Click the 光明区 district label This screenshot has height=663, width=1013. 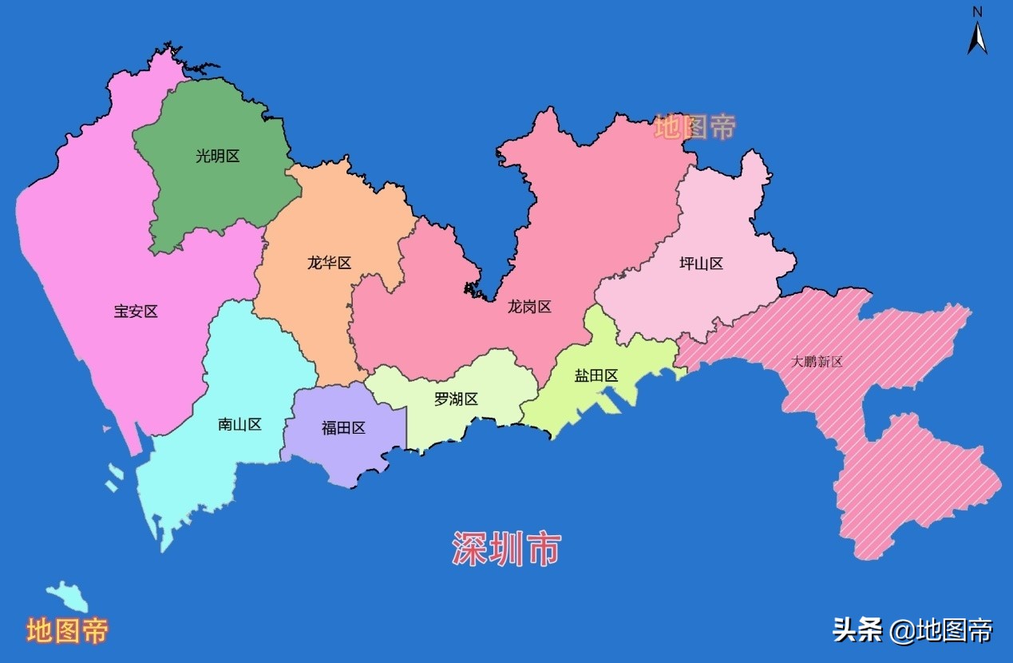[217, 157]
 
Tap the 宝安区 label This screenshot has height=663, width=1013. [136, 312]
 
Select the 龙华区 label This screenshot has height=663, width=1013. [329, 263]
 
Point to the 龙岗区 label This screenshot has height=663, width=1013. [529, 307]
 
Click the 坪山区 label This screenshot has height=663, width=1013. [701, 264]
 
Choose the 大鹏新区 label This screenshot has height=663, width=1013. [817, 362]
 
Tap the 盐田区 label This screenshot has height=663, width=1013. [596, 375]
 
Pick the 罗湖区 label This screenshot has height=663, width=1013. [456, 399]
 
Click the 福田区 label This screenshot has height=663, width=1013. [343, 428]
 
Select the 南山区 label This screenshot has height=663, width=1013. [239, 424]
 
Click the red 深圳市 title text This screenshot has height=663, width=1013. [506, 549]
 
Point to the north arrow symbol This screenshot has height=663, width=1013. [977, 38]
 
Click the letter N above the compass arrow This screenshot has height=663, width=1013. [977, 11]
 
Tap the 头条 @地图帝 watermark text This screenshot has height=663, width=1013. [912, 630]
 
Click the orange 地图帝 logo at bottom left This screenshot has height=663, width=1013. [67, 631]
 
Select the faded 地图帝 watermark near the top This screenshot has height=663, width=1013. [694, 127]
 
